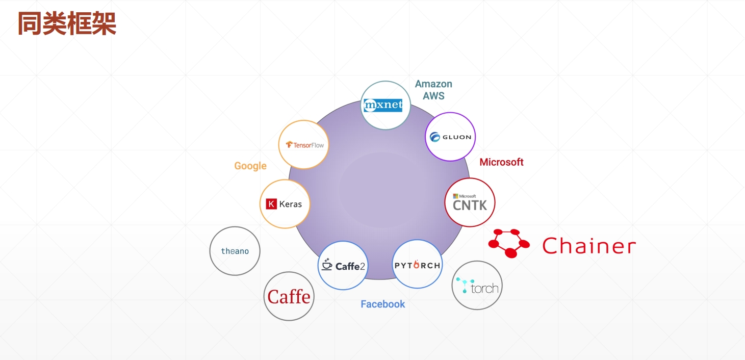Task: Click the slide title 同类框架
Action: click(x=67, y=23)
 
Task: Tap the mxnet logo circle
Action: click(x=386, y=105)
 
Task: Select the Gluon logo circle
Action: click(x=450, y=137)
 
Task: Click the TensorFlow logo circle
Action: click(x=303, y=145)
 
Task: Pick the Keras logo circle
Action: click(x=285, y=204)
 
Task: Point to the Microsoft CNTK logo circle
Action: click(x=470, y=202)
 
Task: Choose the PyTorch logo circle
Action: click(x=417, y=265)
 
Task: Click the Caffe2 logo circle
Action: click(x=343, y=265)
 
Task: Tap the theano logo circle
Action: click(x=235, y=251)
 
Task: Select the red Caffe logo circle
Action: click(x=289, y=296)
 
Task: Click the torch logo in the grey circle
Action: click(x=477, y=286)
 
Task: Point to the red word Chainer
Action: click(x=589, y=246)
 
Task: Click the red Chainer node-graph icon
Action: click(x=508, y=243)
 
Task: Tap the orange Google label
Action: click(x=250, y=166)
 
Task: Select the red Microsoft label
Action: click(x=501, y=162)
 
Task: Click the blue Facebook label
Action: click(x=382, y=304)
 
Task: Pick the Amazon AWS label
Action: click(x=433, y=90)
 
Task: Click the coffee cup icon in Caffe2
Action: click(x=327, y=264)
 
